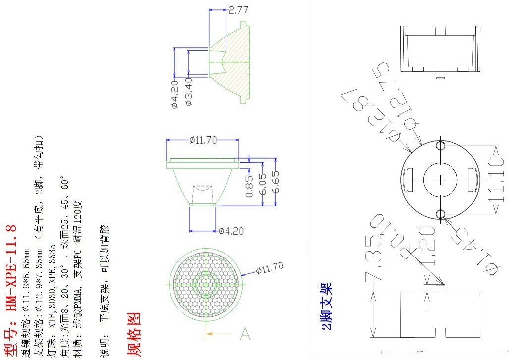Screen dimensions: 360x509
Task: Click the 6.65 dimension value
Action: pos(276,182)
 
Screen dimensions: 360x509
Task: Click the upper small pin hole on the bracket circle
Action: pos(440,146)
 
